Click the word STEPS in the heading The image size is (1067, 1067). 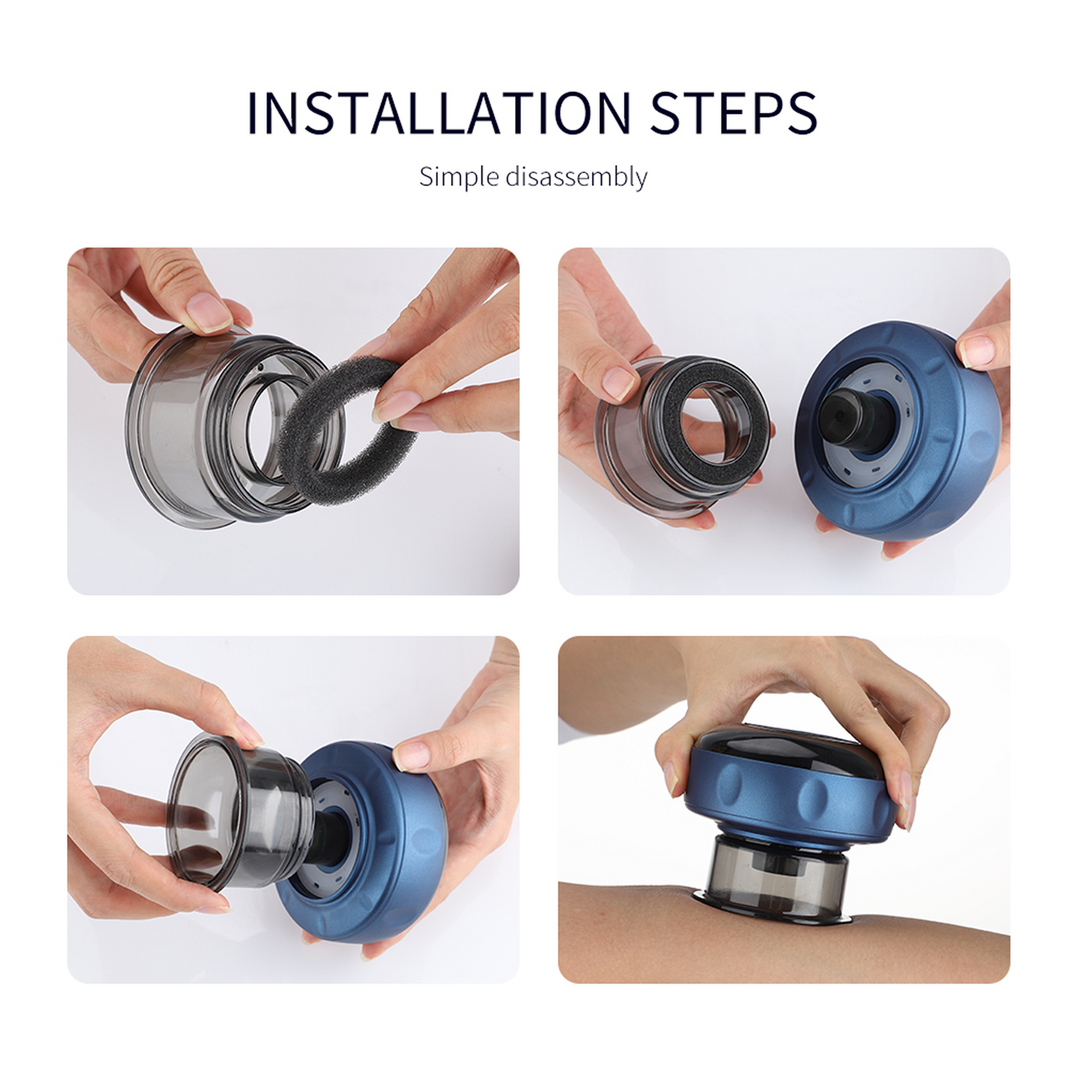pyautogui.click(x=733, y=113)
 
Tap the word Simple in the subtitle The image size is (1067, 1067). pyautogui.click(x=459, y=177)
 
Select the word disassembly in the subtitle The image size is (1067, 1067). pyautogui.click(x=576, y=177)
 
